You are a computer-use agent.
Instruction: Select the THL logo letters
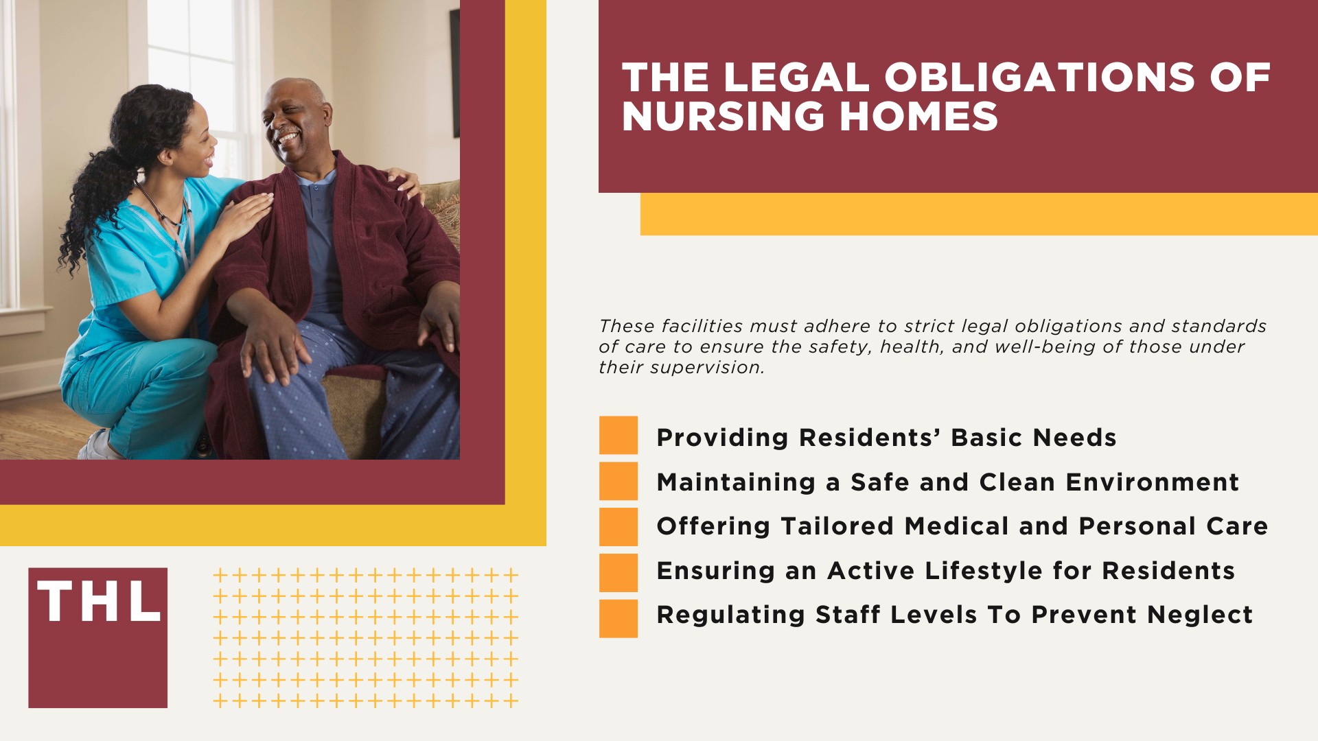click(x=98, y=602)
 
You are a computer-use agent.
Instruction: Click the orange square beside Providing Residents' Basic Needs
click(x=618, y=435)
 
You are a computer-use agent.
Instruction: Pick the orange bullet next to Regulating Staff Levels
click(x=618, y=618)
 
